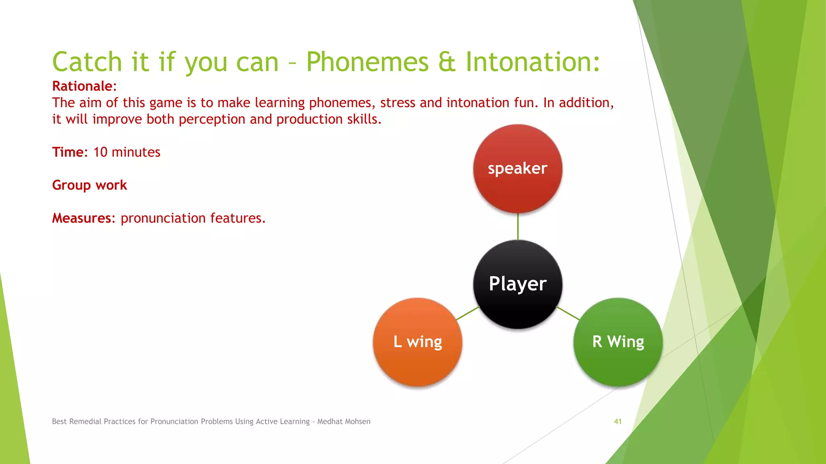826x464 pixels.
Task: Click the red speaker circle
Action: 517,168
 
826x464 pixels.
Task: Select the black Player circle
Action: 517,284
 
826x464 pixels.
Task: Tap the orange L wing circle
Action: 417,342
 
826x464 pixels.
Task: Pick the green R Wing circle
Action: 618,342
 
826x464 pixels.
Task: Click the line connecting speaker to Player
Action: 518,226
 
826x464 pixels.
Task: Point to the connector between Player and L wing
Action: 468,313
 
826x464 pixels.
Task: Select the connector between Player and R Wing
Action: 568,313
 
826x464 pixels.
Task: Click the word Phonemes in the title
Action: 367,62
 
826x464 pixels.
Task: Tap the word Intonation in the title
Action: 532,62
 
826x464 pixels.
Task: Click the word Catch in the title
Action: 87,62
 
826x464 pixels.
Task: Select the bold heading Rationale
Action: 82,86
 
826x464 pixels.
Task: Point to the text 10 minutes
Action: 127,152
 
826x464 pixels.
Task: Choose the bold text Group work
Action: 90,185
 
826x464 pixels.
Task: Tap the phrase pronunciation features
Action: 193,218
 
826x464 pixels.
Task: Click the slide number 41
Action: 617,421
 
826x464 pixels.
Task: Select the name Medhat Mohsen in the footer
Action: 344,421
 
